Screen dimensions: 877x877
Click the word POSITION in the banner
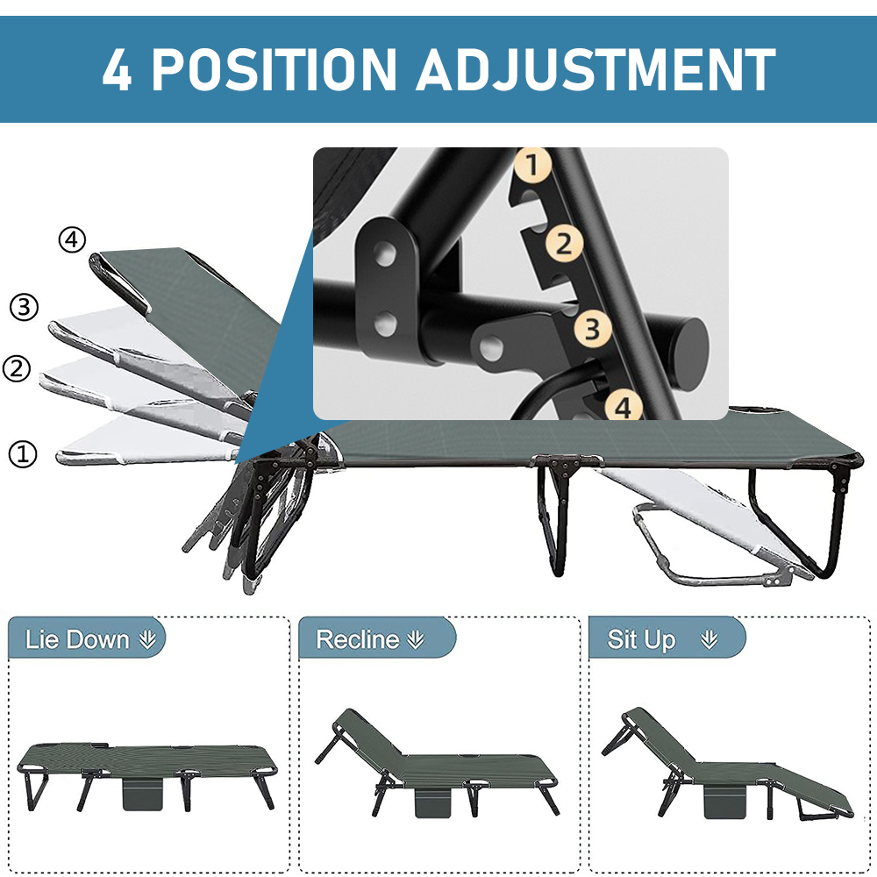point(274,69)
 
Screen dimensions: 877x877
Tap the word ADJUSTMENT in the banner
point(595,69)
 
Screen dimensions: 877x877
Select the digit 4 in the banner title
point(117,69)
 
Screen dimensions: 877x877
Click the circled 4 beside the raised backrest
point(72,240)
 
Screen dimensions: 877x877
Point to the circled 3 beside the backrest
point(24,307)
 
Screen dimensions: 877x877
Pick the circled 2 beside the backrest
point(17,368)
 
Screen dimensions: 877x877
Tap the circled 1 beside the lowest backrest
point(23,453)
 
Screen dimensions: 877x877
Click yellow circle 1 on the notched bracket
point(532,165)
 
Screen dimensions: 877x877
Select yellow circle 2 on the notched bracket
point(564,244)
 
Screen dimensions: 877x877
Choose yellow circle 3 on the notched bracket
point(593,328)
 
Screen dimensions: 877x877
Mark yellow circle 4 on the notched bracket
point(624,406)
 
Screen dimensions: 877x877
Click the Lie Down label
point(77,639)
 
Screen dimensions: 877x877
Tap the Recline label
point(358,639)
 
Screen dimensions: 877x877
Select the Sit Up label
point(642,639)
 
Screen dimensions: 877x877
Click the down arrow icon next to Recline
point(416,640)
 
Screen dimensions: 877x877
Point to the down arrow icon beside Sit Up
point(709,640)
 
